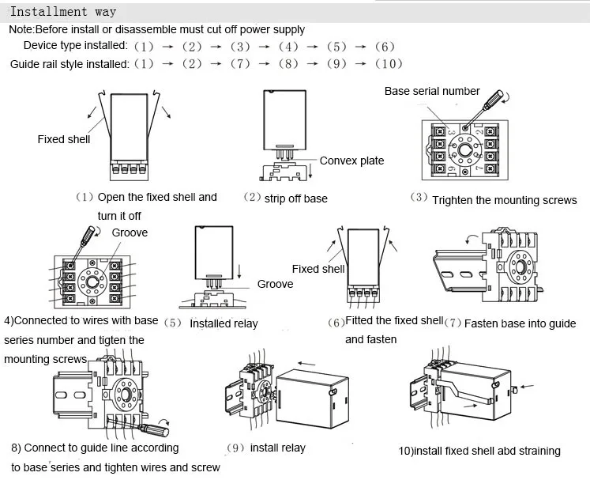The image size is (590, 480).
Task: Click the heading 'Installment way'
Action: pos(63,12)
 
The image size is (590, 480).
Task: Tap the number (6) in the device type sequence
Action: pos(385,47)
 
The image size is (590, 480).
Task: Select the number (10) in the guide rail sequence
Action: pos(389,64)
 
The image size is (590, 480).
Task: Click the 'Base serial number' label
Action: pos(432,91)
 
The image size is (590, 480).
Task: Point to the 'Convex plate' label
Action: pos(351,161)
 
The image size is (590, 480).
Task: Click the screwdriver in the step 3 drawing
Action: pos(484,109)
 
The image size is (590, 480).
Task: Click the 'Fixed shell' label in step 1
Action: pos(64,139)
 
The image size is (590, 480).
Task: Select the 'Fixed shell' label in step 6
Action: pos(318,269)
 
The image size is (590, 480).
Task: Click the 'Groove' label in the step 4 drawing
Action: pos(130,232)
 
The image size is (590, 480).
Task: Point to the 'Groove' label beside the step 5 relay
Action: pos(275,284)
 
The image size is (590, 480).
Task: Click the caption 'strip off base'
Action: pos(295,198)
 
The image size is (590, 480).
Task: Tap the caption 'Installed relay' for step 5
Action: pos(224,323)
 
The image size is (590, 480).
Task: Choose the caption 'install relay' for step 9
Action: pos(278,448)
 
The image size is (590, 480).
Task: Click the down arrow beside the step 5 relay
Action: pos(239,271)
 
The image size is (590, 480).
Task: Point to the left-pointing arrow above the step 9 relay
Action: pos(306,364)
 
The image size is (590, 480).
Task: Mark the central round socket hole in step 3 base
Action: pos(464,151)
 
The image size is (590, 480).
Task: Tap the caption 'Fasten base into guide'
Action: pos(520,323)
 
